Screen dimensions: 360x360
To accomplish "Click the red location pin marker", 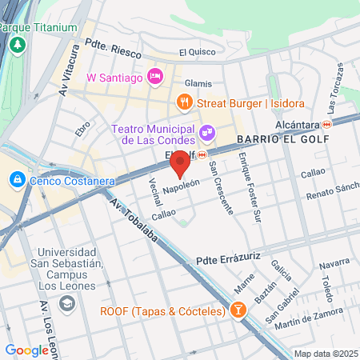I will [x=180, y=163].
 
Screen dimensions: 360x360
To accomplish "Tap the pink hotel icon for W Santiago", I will [x=156, y=77].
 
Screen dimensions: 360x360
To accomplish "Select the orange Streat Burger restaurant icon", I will [x=185, y=102].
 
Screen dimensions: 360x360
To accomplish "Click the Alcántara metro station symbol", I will [x=326, y=126].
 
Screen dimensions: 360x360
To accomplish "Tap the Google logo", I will [x=26, y=350].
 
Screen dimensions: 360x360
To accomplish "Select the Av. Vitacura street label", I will [x=70, y=77].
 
